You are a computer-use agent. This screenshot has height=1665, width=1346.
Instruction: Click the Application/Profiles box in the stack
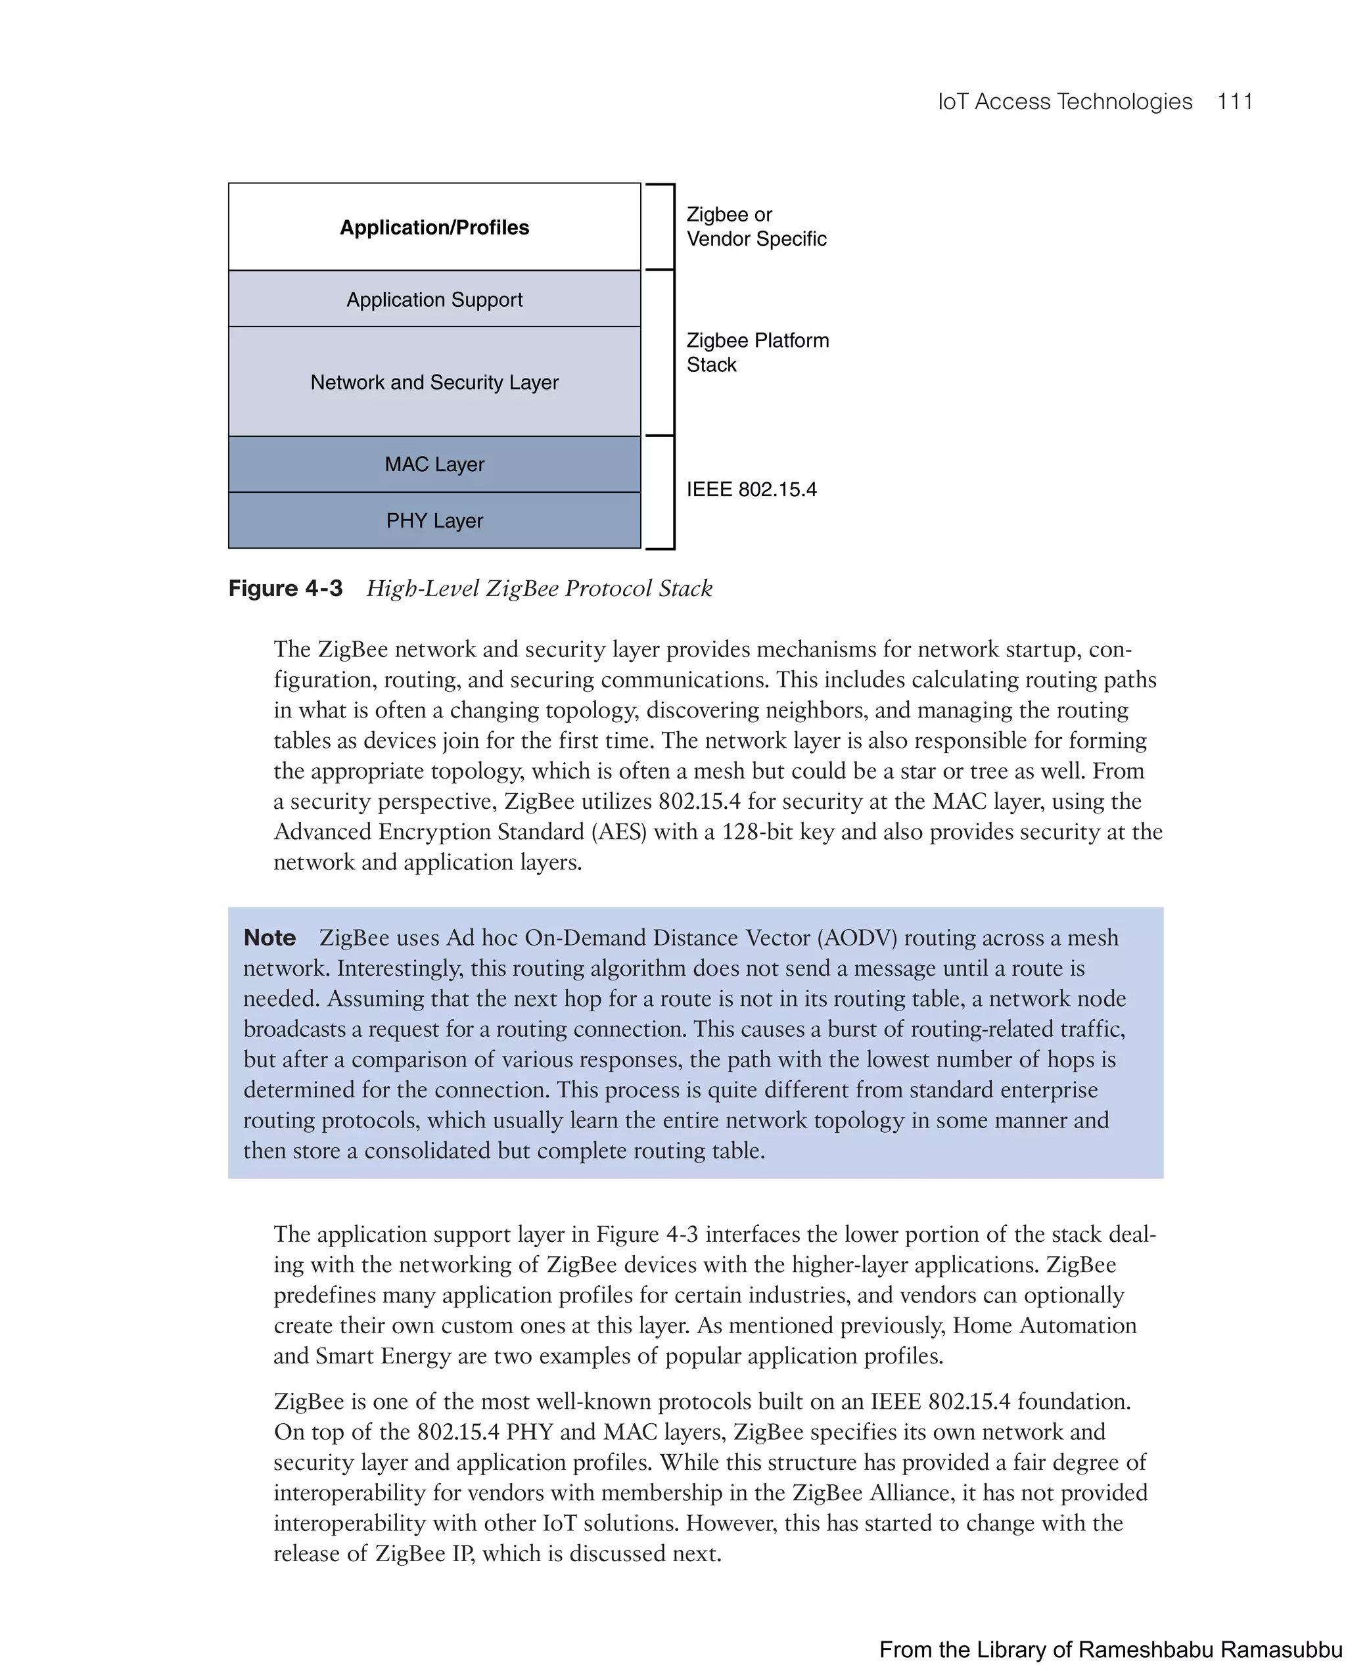[x=434, y=227]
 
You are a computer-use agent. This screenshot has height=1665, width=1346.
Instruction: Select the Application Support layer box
[x=434, y=299]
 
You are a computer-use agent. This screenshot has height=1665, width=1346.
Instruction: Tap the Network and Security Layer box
[x=434, y=382]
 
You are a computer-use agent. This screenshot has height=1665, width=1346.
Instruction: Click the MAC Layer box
[x=434, y=465]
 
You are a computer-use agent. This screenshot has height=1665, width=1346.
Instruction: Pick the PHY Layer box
[x=434, y=521]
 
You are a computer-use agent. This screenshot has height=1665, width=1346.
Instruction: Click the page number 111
[x=1234, y=102]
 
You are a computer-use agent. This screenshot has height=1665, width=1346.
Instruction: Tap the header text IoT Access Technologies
[x=1065, y=102]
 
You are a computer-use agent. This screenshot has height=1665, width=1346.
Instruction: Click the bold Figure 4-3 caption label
[x=285, y=588]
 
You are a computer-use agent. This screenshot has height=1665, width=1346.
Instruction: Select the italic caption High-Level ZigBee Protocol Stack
[x=539, y=588]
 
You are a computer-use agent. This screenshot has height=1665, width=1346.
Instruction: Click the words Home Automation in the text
[x=1044, y=1325]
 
